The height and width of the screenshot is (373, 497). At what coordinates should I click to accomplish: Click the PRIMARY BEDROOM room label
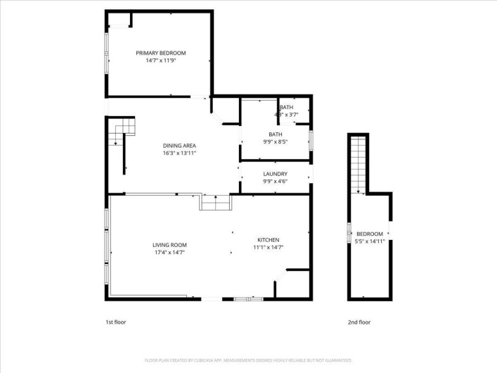[161, 53]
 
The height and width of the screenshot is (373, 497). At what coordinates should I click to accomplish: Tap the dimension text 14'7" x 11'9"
[161, 61]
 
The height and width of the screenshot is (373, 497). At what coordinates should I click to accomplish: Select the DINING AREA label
[179, 146]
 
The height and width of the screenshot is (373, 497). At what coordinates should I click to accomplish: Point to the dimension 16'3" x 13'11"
[179, 153]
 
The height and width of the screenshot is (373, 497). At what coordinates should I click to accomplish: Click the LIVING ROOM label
[170, 245]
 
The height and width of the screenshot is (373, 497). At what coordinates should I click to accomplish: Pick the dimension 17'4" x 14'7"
[170, 252]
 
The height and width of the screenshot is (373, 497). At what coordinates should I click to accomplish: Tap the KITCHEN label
[269, 240]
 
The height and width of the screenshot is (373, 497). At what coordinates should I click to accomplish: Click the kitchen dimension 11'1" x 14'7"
[269, 247]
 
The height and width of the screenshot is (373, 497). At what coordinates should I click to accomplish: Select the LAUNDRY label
[275, 174]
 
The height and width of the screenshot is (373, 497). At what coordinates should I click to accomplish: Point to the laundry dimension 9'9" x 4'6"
[275, 181]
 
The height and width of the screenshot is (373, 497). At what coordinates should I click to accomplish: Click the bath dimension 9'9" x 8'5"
[275, 141]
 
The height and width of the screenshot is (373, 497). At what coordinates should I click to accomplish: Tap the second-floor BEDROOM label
[370, 234]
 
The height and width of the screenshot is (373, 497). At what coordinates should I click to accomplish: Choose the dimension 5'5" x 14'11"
[370, 241]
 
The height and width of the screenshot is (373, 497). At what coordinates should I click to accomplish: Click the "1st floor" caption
[116, 322]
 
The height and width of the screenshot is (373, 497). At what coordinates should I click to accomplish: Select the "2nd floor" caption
[359, 322]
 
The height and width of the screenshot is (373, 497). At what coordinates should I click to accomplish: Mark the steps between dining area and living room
[215, 203]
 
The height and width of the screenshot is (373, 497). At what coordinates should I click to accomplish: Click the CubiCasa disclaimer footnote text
[248, 360]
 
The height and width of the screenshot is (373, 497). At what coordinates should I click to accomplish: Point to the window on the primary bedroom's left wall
[107, 52]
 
